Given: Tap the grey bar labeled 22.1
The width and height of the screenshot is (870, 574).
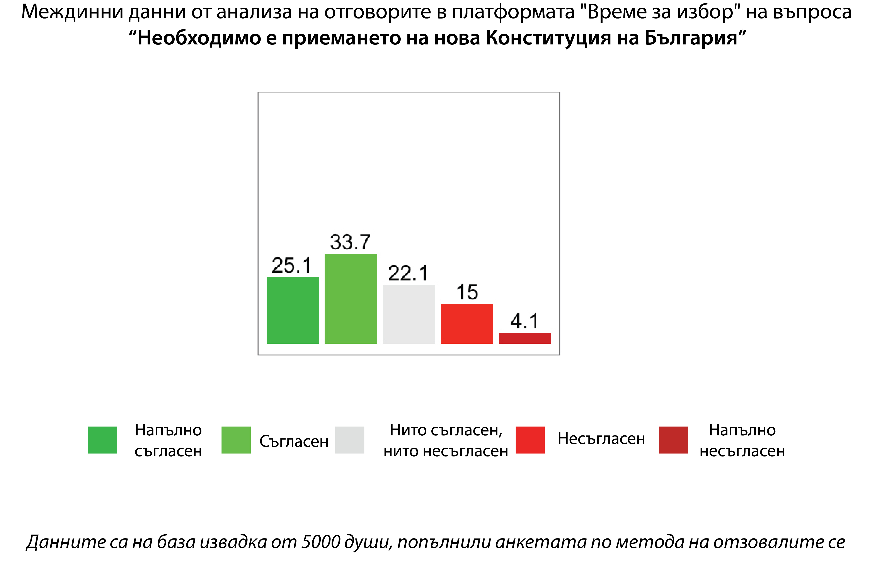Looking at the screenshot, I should click(409, 314).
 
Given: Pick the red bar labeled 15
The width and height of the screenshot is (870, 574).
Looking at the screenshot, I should click(467, 324).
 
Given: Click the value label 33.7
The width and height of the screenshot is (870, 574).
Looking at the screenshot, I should click(350, 242).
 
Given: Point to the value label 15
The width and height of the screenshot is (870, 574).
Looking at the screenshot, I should click(467, 292).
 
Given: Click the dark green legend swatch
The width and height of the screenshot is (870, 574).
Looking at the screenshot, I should click(102, 440).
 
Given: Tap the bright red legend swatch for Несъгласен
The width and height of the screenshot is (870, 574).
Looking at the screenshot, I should click(530, 440).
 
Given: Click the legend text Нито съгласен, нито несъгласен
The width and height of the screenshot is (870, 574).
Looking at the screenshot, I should click(446, 440).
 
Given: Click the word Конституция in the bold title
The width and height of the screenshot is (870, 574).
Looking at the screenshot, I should click(548, 38).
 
